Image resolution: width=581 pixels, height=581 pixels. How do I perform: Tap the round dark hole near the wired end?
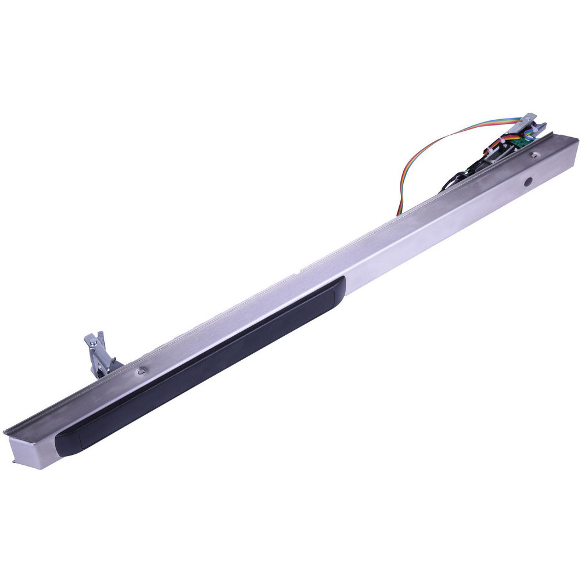coord(528,182)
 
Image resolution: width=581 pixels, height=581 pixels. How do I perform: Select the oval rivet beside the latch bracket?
coord(141,370)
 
